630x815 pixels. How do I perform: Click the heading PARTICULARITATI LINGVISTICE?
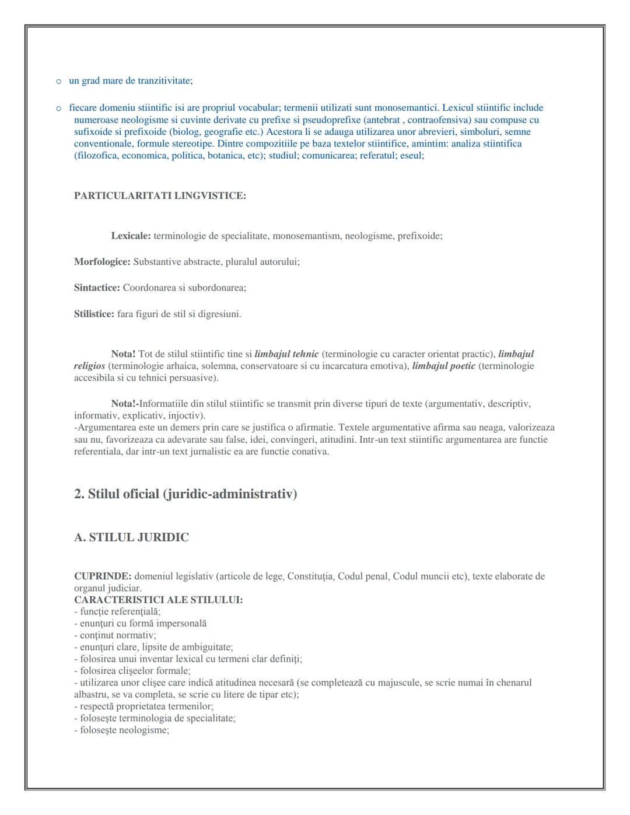pyautogui.click(x=160, y=196)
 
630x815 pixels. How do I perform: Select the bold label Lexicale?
pyautogui.click(x=131, y=236)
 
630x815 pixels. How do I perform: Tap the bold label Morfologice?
pyautogui.click(x=102, y=262)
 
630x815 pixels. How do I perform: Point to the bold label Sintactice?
pyautogui.click(x=97, y=288)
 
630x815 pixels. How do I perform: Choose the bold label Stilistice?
pyautogui.click(x=94, y=314)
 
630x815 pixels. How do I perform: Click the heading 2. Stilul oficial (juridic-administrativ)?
pyautogui.click(x=185, y=494)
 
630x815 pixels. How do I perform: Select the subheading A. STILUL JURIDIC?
pyautogui.click(x=131, y=537)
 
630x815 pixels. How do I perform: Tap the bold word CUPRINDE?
pyautogui.click(x=103, y=576)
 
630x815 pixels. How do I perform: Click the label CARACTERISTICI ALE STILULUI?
pyautogui.click(x=158, y=600)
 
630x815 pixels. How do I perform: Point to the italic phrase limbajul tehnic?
pyautogui.click(x=286, y=354)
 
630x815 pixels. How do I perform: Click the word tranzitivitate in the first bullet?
pyautogui.click(x=162, y=81)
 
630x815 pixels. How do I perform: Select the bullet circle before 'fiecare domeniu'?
pyautogui.click(x=58, y=108)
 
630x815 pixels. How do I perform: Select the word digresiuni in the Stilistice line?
pyautogui.click(x=218, y=314)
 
